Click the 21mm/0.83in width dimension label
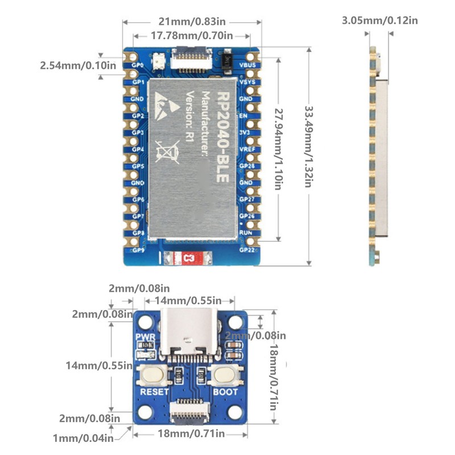point(192,22)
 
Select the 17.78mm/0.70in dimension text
point(192,36)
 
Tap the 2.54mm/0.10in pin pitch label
point(78,65)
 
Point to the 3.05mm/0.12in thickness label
point(379,21)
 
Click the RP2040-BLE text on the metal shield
point(223,133)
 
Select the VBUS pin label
point(247,65)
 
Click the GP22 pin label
point(247,249)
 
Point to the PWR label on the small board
point(142,337)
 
